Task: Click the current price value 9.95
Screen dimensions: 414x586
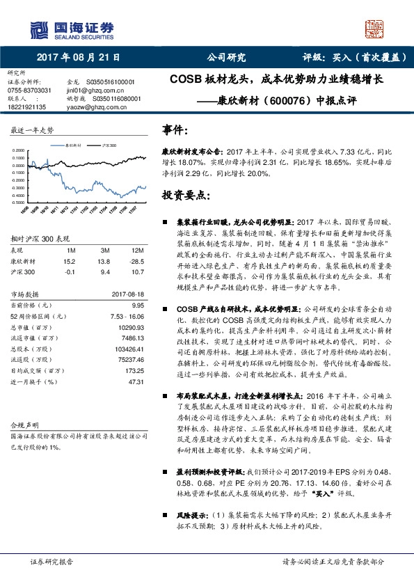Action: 136,305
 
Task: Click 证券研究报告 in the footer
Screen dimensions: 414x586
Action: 51,562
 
